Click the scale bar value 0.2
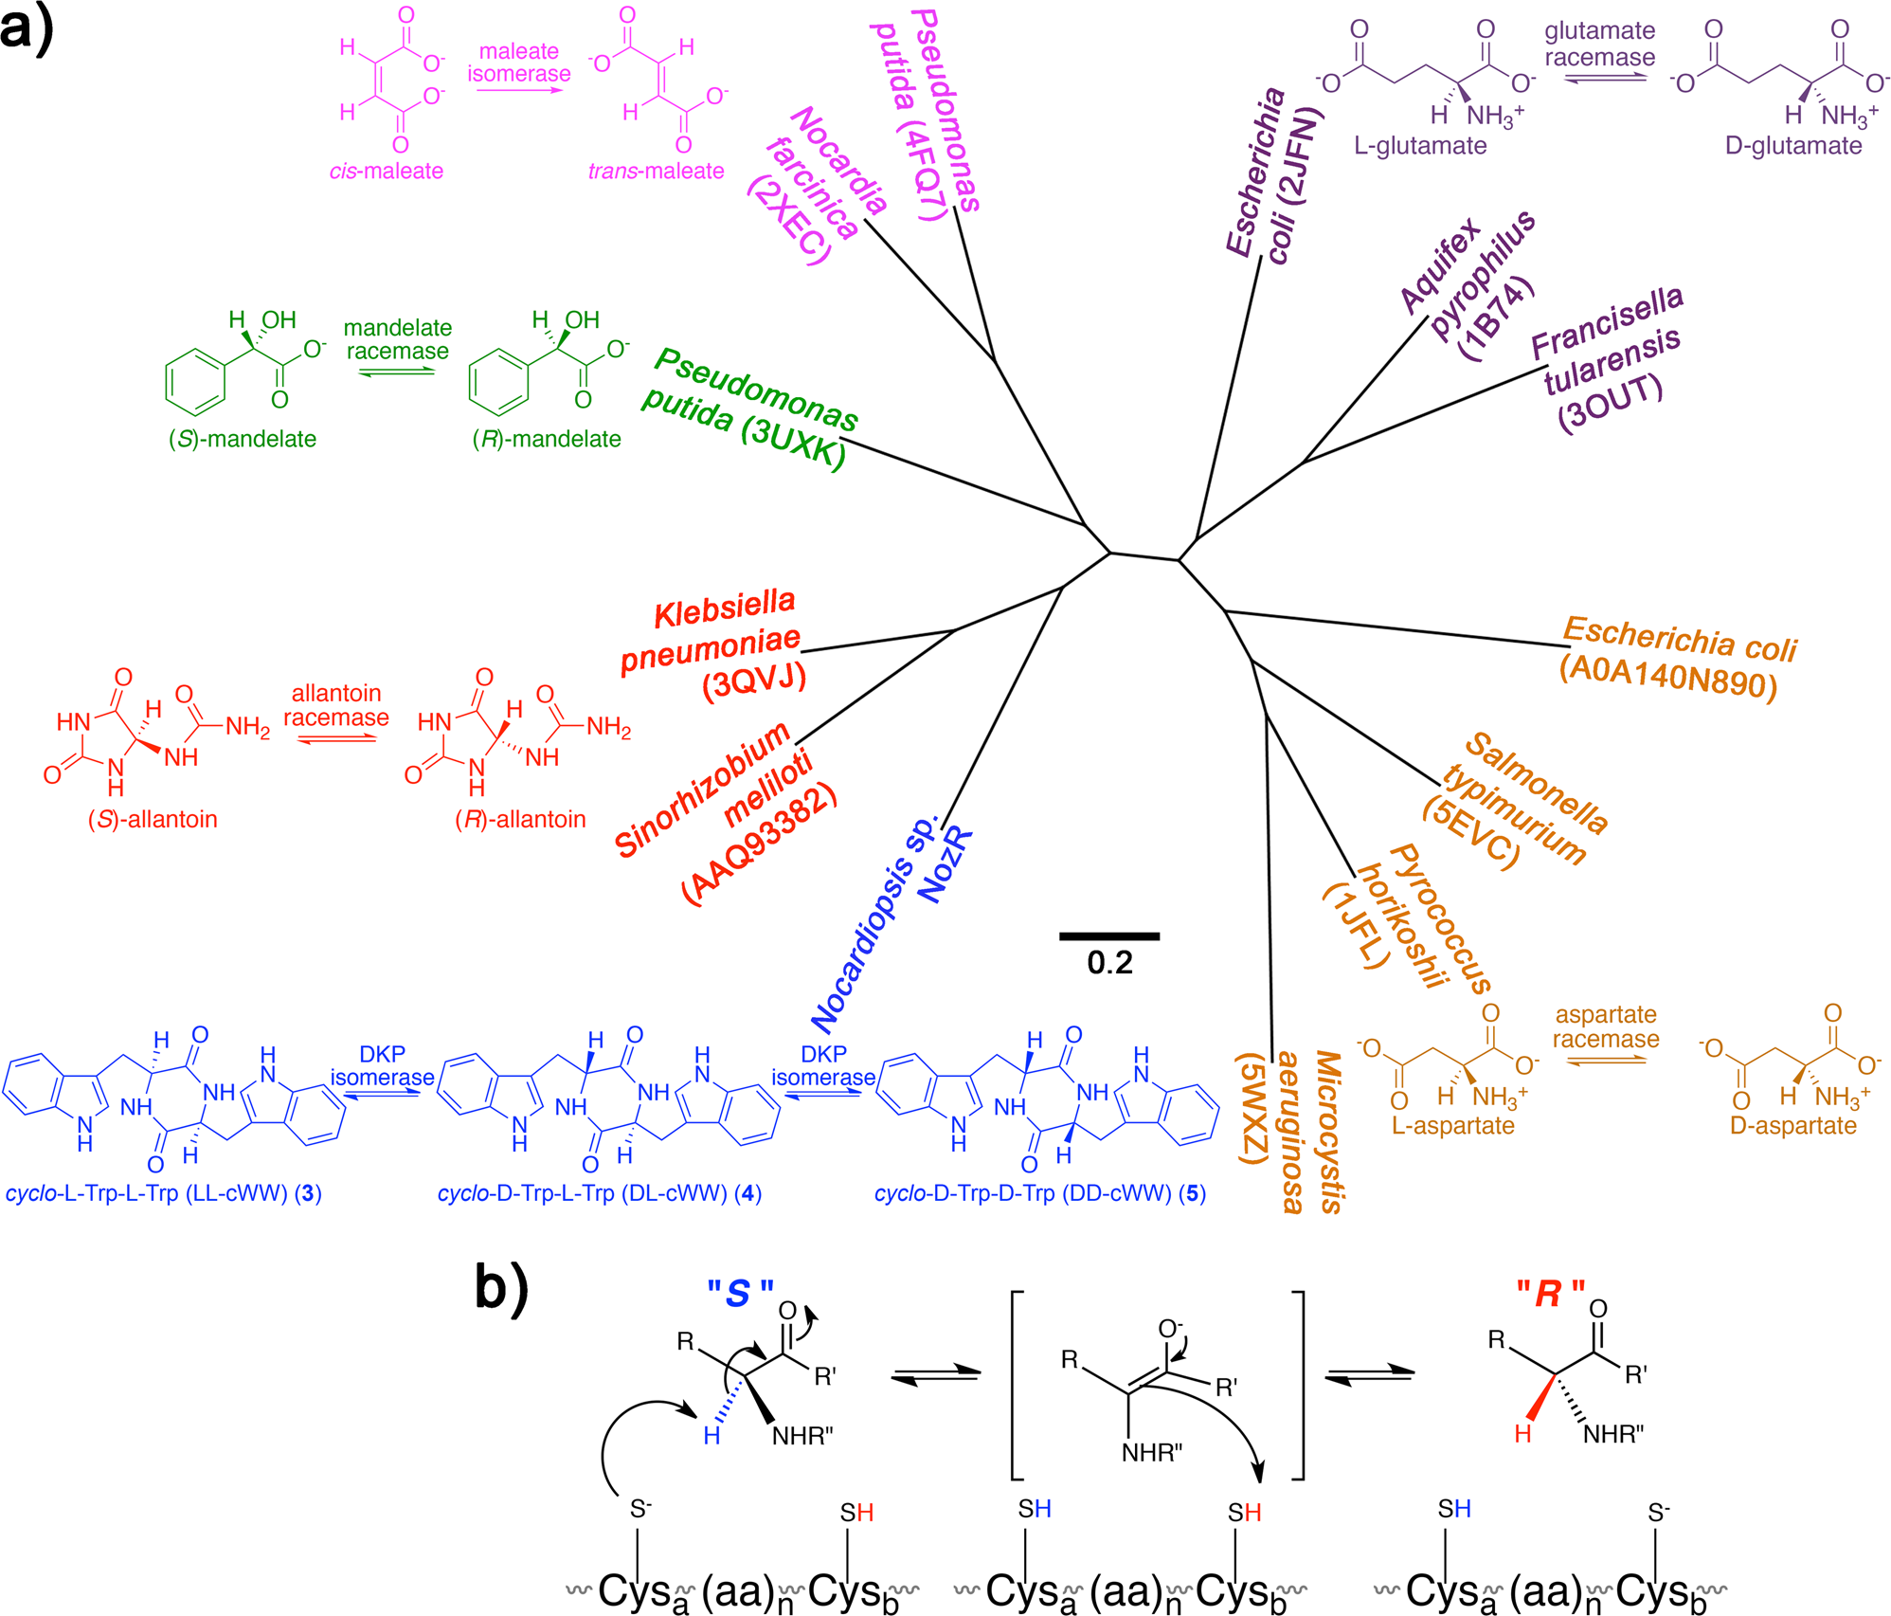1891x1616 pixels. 1109,963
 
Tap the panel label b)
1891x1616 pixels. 502,1289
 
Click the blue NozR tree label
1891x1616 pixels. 947,864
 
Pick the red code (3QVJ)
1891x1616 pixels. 754,680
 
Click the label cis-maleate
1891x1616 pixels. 387,172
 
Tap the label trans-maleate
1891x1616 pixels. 656,172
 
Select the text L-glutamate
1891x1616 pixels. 1420,146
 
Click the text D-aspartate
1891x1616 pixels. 1792,1126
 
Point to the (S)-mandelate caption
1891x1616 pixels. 243,439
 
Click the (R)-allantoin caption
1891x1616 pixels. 520,819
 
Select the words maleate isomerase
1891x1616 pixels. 519,63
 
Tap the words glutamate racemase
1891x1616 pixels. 1600,44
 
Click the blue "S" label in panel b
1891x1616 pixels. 740,1294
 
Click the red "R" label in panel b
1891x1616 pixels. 1550,1294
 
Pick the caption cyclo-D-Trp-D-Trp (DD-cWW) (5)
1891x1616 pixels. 1039,1193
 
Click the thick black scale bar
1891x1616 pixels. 1109,936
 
